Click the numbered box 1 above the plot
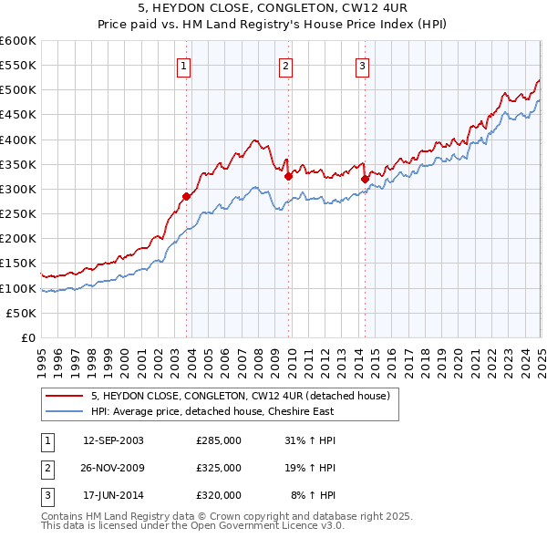point(183,66)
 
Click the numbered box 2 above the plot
point(286,66)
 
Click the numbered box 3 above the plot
point(362,66)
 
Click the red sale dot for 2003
point(186,196)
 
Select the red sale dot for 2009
point(288,176)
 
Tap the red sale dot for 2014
point(365,179)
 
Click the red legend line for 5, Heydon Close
point(65,396)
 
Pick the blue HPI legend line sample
point(65,410)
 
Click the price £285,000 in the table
point(219,440)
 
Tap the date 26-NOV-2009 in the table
point(113,468)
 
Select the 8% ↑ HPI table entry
point(313,495)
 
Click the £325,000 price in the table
point(219,468)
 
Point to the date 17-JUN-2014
point(113,495)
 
